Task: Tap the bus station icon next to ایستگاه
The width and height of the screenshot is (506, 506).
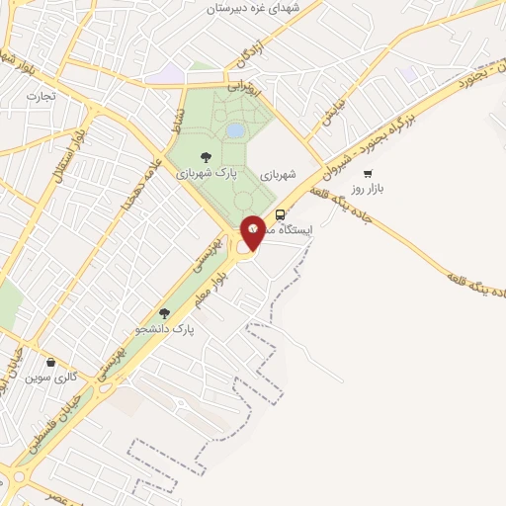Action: coord(281,213)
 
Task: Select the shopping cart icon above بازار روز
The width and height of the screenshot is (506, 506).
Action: coord(368,173)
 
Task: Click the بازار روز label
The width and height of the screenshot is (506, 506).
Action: coord(368,188)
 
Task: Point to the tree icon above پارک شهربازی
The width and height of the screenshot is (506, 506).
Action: coord(206,156)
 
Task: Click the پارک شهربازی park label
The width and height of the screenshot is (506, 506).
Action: coord(206,172)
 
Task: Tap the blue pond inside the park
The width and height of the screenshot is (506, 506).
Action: coord(235,129)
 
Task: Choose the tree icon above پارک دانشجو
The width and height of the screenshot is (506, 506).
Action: coord(165,311)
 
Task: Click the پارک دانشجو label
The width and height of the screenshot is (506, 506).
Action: coord(166,327)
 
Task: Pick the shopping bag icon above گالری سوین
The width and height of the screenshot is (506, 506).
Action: coord(50,362)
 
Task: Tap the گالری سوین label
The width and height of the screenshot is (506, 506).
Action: coord(50,378)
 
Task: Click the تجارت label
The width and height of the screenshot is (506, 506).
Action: coord(41,96)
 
